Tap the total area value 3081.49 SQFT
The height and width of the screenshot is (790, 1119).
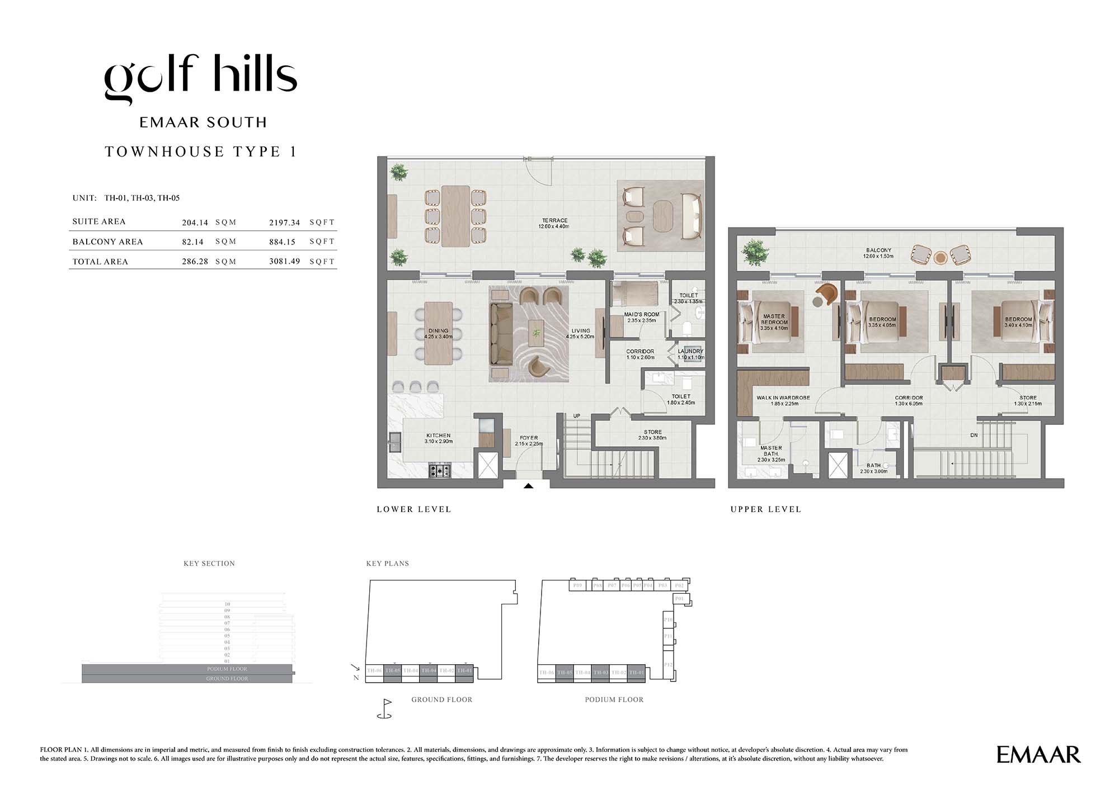click(302, 261)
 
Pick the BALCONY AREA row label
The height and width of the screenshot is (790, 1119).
click(107, 242)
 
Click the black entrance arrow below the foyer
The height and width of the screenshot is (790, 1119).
click(528, 486)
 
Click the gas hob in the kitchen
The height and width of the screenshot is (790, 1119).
click(440, 470)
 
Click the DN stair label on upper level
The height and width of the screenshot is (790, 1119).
click(974, 435)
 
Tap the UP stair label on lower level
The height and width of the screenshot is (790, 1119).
click(576, 416)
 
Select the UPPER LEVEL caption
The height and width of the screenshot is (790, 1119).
click(765, 509)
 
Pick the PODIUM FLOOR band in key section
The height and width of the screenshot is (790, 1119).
click(227, 669)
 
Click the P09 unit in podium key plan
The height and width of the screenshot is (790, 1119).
click(577, 585)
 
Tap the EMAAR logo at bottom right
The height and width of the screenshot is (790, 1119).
click(1038, 755)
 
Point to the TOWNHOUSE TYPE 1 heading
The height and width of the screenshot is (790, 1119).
click(200, 152)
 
